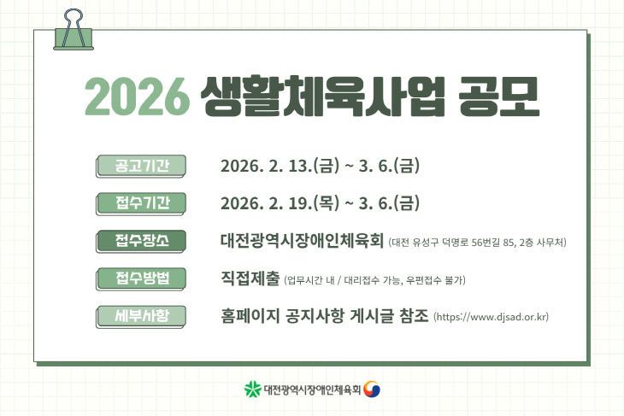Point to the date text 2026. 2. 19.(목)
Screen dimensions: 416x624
tap(280, 203)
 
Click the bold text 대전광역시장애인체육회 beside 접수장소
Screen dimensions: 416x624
tap(303, 241)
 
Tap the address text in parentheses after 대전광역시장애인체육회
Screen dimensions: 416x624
tap(478, 243)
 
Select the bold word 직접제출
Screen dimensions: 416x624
tap(250, 278)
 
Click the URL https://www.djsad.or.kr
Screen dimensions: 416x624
tap(491, 317)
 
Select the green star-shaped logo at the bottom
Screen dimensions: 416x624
tap(252, 390)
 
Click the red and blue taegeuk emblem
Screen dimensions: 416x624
tap(373, 390)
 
